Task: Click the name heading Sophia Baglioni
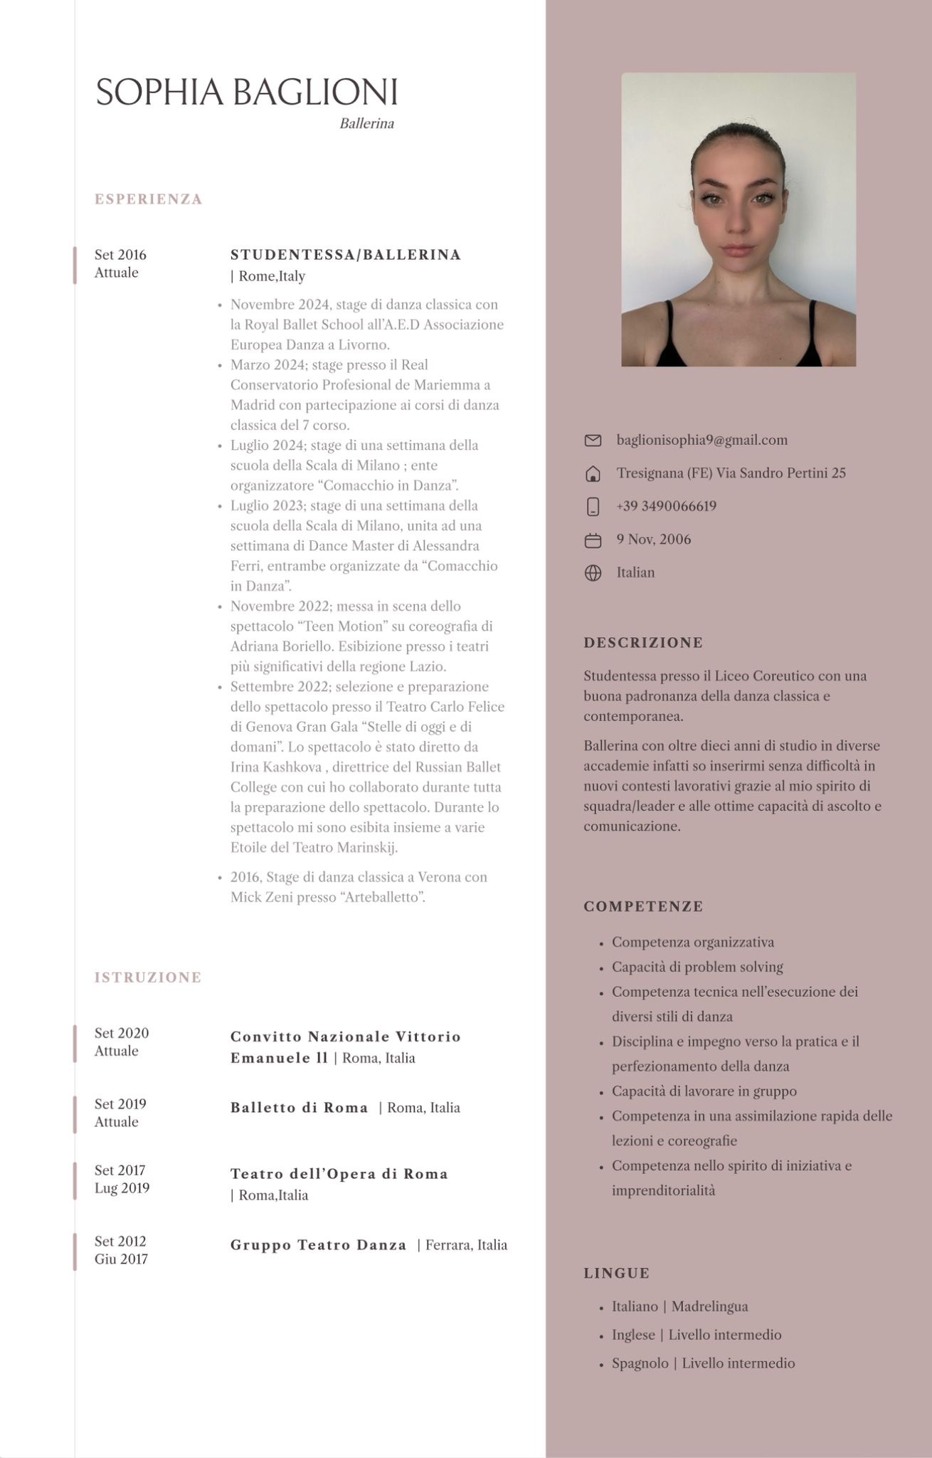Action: [x=246, y=93]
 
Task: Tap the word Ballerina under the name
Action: [x=366, y=124]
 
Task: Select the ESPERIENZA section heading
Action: [x=149, y=199]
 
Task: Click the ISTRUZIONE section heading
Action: [x=148, y=977]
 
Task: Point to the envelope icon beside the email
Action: [x=593, y=441]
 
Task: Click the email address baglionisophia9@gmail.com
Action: [x=701, y=440]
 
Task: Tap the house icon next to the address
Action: [x=593, y=474]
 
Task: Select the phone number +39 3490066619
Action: [x=666, y=506]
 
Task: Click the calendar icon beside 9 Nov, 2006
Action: [x=593, y=540]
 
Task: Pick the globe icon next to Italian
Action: [x=593, y=573]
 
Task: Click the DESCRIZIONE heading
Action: [x=643, y=643]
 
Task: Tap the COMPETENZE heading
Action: [x=643, y=906]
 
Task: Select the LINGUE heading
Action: [x=616, y=1273]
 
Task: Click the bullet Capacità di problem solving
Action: [x=697, y=967]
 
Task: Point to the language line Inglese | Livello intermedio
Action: [x=697, y=1335]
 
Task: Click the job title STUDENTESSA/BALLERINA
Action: [x=346, y=255]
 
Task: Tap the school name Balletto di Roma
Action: [x=300, y=1108]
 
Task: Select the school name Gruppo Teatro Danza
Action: [x=318, y=1245]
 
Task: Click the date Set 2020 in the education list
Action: [x=122, y=1033]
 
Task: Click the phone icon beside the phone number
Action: [x=593, y=507]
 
